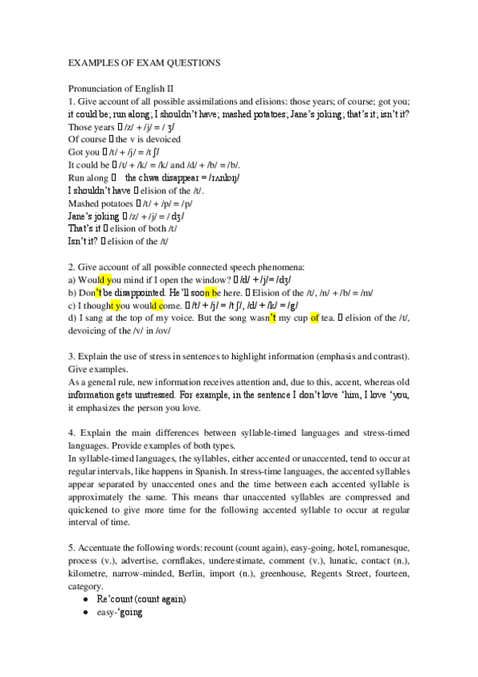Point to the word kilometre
[x=92, y=575]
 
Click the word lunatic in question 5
[x=342, y=563]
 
